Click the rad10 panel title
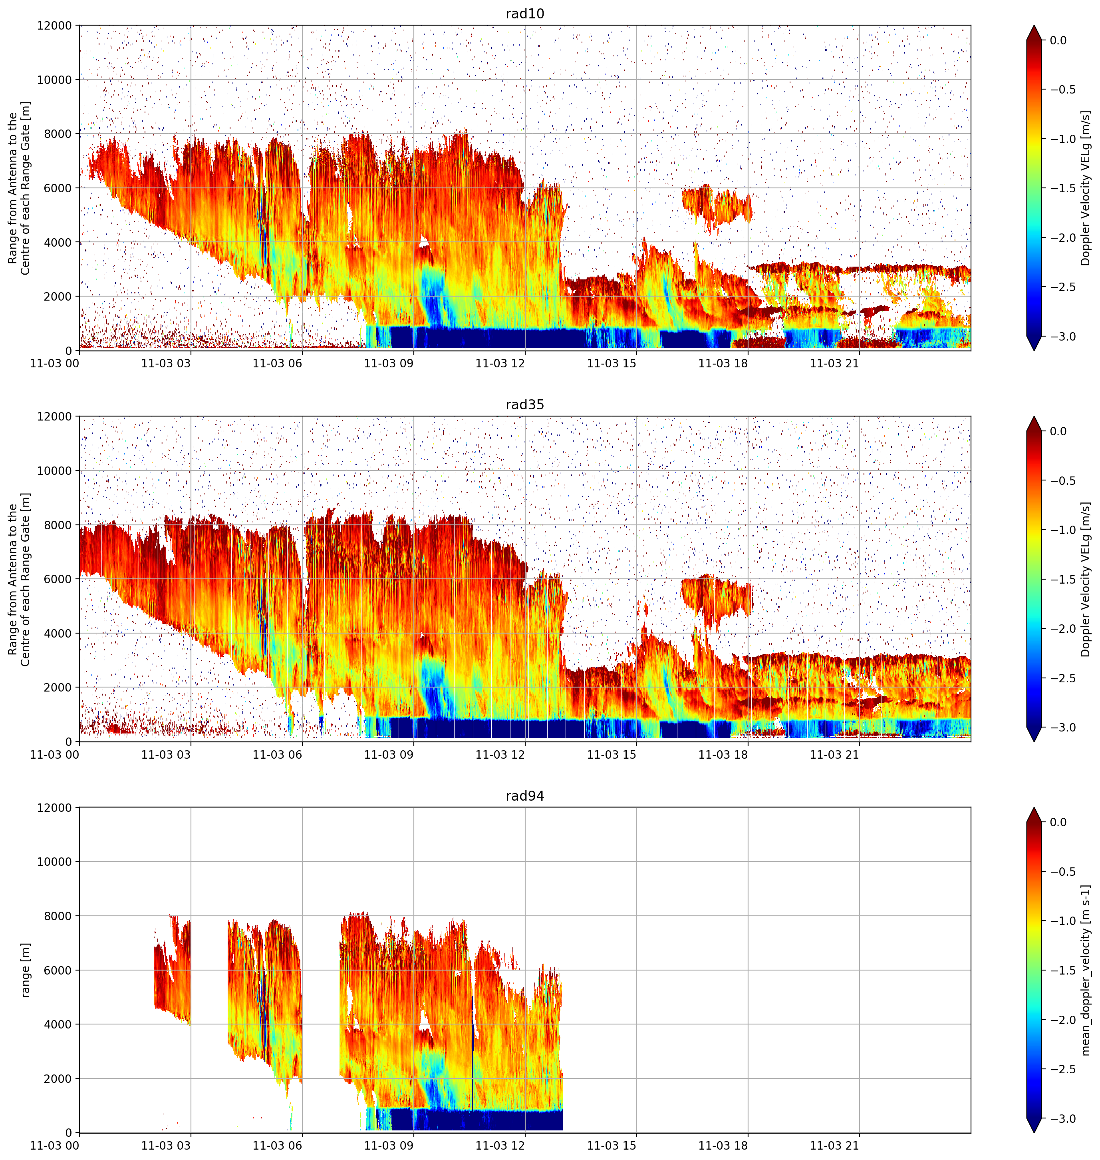[525, 14]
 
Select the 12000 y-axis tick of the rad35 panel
[55, 417]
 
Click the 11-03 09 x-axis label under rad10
[389, 363]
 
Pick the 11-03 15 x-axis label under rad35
[612, 755]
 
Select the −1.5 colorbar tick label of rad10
[1062, 188]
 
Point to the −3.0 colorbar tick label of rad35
[1062, 727]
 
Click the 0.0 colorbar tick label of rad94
[1058, 822]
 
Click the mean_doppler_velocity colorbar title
[1086, 970]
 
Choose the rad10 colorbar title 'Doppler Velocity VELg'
[1086, 188]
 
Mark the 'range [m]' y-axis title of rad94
[25, 970]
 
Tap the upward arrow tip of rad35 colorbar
[1034, 417]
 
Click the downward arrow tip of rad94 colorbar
[1034, 1132]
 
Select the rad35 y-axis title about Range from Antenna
[19, 579]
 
